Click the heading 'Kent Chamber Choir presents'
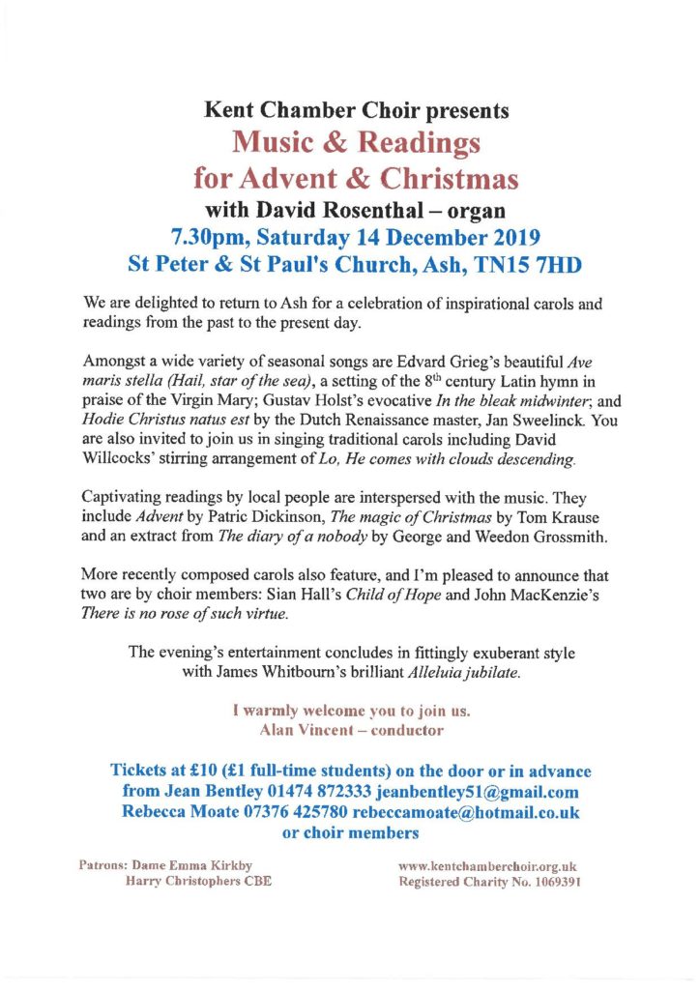coord(355,111)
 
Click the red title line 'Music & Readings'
coord(357,144)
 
